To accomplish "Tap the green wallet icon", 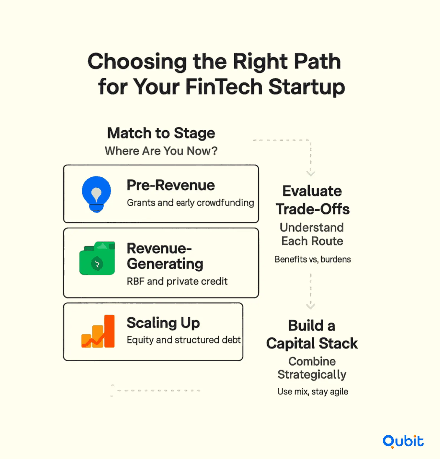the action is [97, 258].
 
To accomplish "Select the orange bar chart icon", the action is [98, 331].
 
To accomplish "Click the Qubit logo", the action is [403, 441].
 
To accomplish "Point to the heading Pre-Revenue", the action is [171, 185].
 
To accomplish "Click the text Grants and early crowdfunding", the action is [190, 203].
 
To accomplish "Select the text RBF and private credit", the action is [177, 281].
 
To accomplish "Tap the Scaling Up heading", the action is [163, 323].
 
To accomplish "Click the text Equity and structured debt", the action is [184, 340].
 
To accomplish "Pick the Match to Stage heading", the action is [161, 133].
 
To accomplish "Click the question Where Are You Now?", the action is [161, 151].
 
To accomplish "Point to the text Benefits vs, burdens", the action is [313, 259].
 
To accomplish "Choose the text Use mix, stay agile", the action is [313, 392].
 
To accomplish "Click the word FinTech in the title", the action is [224, 87].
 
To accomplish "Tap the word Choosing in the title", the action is [137, 62].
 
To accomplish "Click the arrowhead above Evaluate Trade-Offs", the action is [310, 173].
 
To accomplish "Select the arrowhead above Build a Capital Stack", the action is [310, 306].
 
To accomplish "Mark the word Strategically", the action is [312, 375].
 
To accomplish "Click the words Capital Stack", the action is [312, 344].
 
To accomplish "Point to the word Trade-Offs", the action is [313, 209].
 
